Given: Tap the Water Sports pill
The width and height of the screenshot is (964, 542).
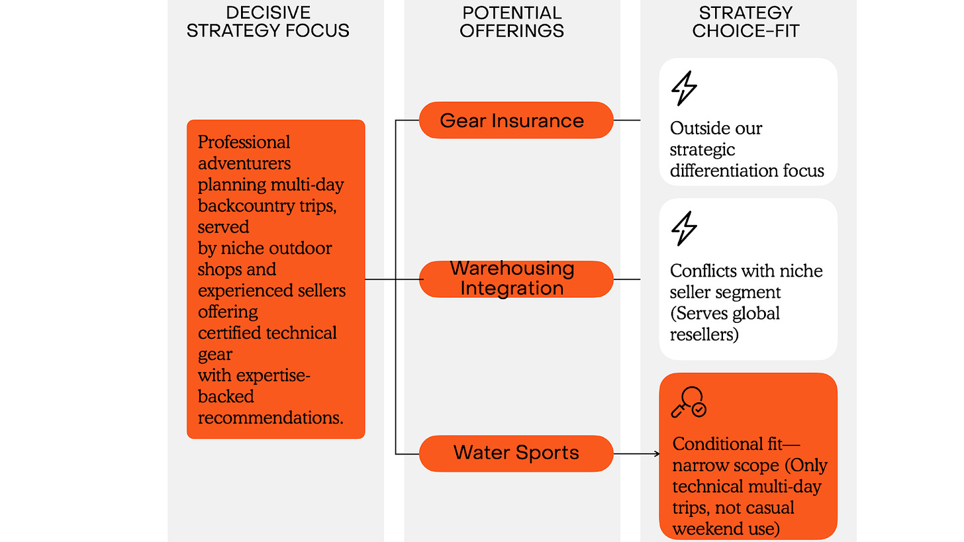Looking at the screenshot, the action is tap(516, 453).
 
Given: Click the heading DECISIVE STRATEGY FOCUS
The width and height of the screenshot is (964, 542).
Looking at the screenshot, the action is tap(268, 22).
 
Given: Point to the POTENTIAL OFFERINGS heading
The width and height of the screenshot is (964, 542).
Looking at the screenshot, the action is tap(512, 22).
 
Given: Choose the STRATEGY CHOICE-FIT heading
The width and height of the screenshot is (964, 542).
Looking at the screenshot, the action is tap(746, 22).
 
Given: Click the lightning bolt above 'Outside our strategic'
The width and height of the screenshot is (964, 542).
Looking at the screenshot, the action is tap(684, 89).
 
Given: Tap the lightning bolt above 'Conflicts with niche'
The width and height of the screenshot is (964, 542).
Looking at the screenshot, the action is tap(684, 228).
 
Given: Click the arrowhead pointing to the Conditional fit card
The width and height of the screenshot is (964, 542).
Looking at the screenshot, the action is tap(656, 453).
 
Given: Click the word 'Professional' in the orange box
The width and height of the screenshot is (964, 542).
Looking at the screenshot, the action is tap(244, 142).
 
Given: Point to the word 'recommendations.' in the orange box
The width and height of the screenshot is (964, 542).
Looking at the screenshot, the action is tap(271, 418).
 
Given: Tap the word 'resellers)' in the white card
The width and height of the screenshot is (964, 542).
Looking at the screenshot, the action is tap(703, 334).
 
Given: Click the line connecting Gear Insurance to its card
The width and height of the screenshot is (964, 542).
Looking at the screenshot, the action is tap(626, 120).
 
